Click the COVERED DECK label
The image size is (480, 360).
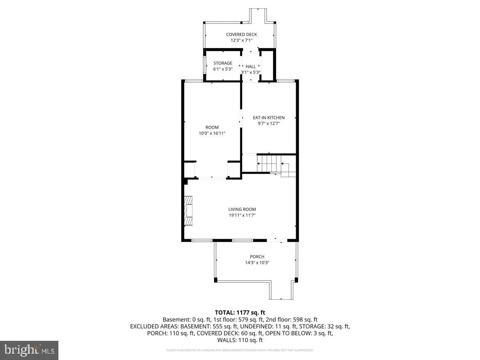[241, 34]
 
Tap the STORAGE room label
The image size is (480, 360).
[222, 63]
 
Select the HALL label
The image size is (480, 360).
[251, 66]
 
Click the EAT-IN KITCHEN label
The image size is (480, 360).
[268, 118]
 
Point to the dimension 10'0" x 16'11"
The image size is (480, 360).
[212, 133]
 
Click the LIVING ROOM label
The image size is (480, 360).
[242, 209]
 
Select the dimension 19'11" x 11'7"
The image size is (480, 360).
[242, 215]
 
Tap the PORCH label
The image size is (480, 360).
[257, 257]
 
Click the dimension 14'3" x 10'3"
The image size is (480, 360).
[257, 263]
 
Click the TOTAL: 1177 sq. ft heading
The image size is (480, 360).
[240, 312]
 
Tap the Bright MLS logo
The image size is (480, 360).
[29, 350]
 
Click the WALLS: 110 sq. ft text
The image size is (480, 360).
[240, 340]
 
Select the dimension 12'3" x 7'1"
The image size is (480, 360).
[241, 40]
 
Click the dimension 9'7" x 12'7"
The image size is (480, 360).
[268, 124]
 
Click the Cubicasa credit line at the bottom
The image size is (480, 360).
[240, 350]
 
